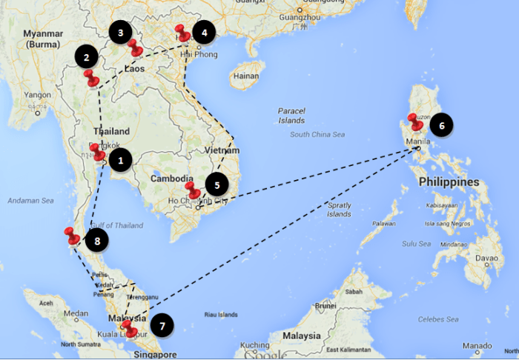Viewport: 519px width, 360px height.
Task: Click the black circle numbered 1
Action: [120, 159]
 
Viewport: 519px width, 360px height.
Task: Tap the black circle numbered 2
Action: [87, 57]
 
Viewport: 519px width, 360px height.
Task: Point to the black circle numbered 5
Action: [216, 184]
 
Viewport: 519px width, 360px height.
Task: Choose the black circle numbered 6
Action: [441, 126]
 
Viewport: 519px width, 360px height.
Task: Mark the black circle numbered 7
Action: [162, 324]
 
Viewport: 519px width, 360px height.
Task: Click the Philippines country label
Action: [446, 181]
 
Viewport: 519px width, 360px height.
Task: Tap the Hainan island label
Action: [245, 76]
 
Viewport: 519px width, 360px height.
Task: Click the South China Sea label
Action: [318, 134]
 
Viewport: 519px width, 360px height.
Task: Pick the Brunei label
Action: [326, 304]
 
